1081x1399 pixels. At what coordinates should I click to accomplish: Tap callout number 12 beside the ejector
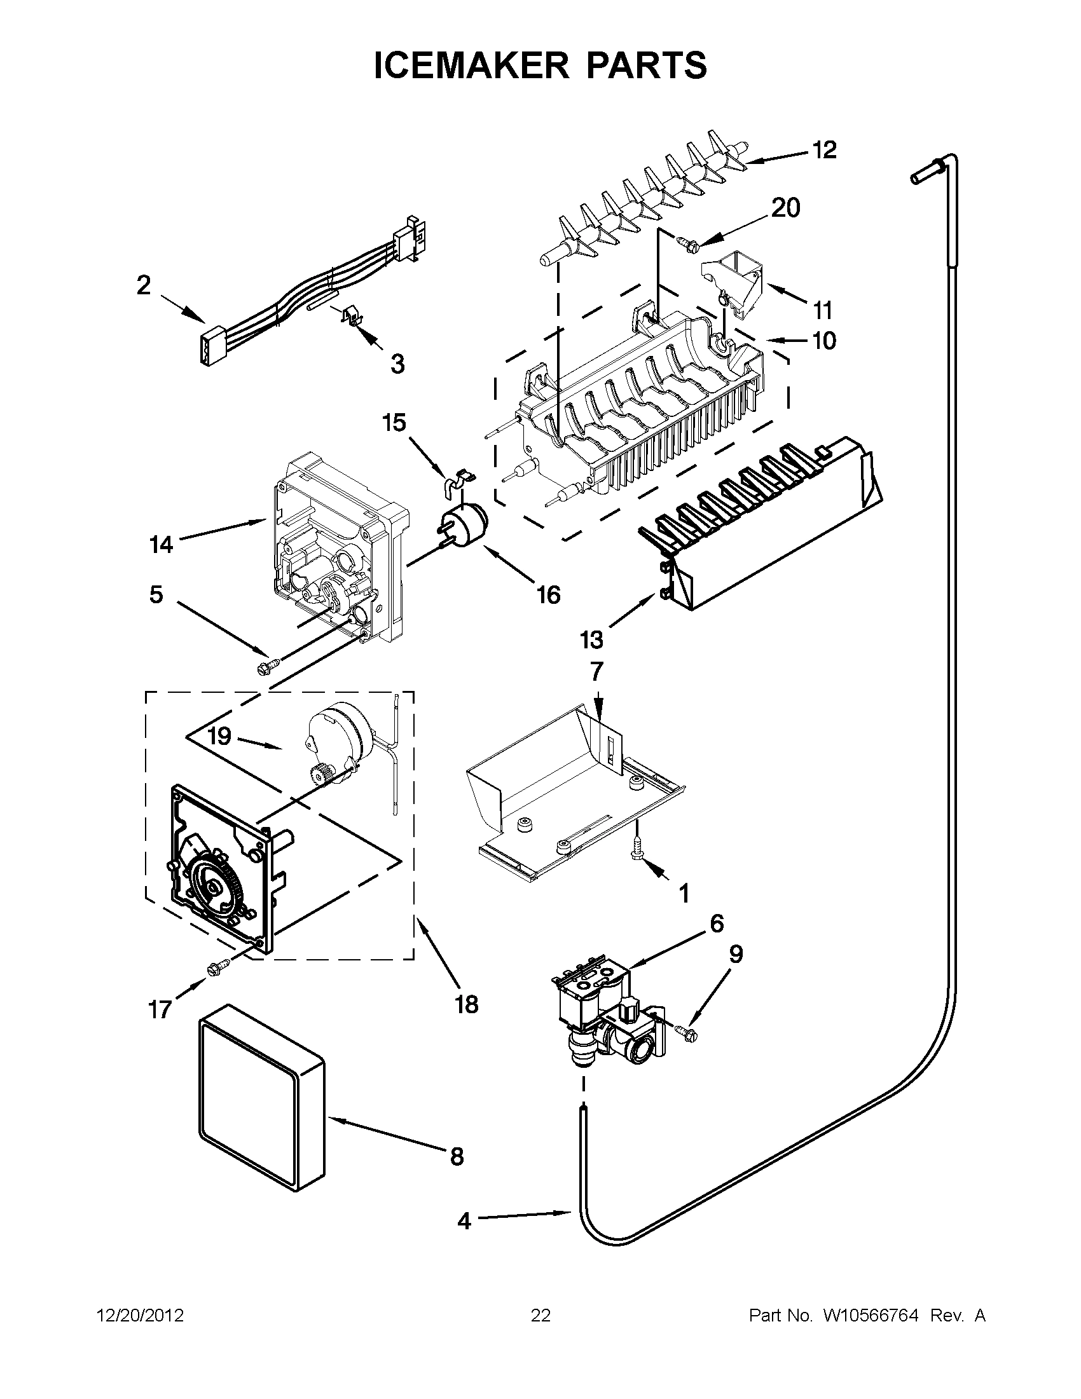coord(824,150)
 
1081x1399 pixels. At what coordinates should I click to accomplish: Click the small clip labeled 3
coord(349,316)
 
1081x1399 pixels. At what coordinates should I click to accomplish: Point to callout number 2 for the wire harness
coord(143,284)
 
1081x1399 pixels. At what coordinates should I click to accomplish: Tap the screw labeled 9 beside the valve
coord(686,1031)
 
